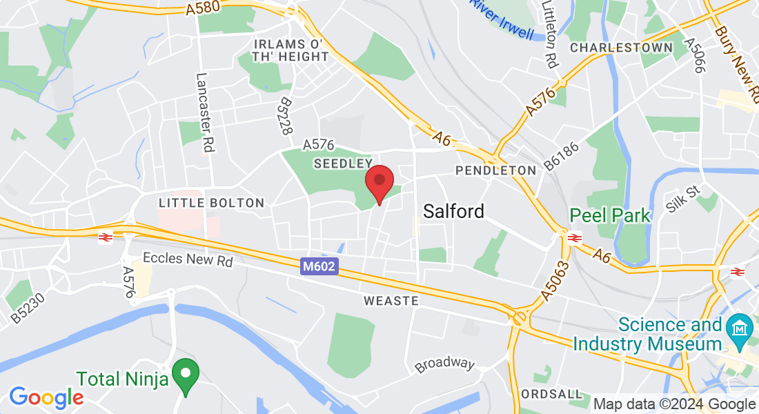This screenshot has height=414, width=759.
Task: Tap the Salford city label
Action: [x=453, y=210]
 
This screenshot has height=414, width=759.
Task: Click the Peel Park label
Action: [x=610, y=215]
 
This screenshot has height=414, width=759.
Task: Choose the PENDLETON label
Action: [x=495, y=170]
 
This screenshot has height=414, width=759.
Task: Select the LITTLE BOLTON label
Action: [x=211, y=203]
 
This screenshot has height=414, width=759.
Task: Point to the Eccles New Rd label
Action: [x=188, y=259]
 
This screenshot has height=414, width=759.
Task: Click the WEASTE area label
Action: [x=391, y=301]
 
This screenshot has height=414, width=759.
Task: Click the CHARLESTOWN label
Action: [x=621, y=48]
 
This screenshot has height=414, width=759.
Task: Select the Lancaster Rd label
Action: [x=204, y=113]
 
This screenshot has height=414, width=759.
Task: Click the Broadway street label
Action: [x=445, y=364]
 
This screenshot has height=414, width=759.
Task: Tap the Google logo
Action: [x=46, y=397]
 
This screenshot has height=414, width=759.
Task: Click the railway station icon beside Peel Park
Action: [x=575, y=237]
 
